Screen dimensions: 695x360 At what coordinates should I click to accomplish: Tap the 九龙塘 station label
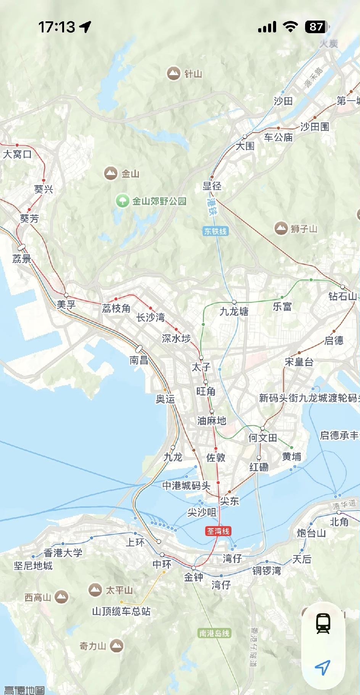coord(234,311)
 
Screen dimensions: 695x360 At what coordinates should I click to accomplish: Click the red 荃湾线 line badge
coord(218,531)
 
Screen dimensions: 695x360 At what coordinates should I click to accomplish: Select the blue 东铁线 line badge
coord(215,231)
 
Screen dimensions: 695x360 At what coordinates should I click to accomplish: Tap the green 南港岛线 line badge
coord(215,633)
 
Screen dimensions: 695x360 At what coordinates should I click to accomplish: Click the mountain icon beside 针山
coord(174,73)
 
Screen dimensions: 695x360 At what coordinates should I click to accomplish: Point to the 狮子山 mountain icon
coord(281,229)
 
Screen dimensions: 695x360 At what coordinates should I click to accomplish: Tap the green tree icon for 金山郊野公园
coord(122,201)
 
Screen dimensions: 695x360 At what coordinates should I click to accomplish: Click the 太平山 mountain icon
coord(95,590)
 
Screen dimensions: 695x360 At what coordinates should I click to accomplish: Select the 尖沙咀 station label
coord(202,512)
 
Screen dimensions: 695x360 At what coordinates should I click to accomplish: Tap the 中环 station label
coord(162,564)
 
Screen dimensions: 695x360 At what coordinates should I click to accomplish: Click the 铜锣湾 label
coord(267,571)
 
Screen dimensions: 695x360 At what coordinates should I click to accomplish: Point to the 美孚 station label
coord(66,305)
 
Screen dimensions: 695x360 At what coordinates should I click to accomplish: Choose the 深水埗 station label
coord(176,338)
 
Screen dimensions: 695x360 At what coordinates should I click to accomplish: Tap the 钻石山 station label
coord(343,296)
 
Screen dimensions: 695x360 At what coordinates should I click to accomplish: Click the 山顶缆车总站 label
coord(121,611)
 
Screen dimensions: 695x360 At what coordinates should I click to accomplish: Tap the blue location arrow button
coord(323,668)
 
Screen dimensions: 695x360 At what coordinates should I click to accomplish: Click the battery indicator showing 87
coord(316,27)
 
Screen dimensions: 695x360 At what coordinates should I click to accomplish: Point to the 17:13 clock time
coord(57,27)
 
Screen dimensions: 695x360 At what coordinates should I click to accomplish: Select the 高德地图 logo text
coord(24,690)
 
